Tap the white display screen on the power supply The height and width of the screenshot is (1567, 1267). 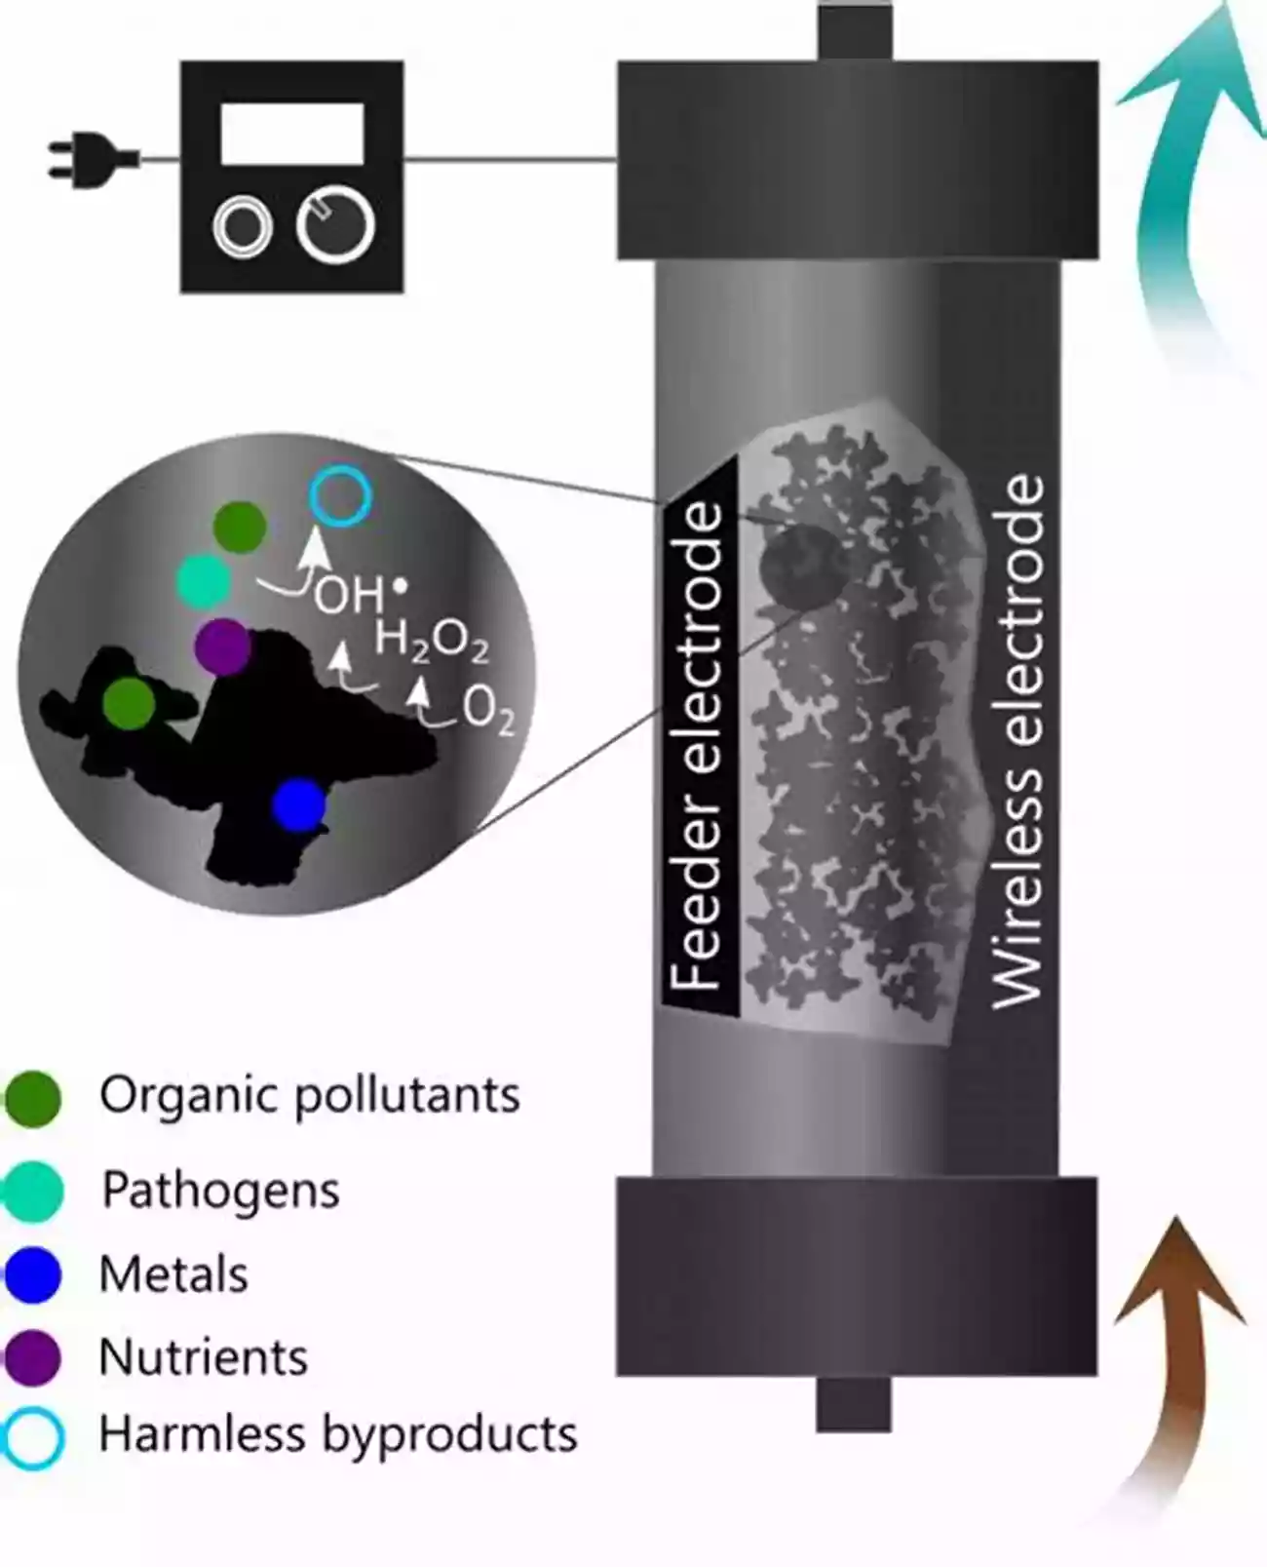click(291, 134)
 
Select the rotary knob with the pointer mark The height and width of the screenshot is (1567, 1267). click(336, 225)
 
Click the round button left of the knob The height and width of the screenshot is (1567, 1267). click(242, 227)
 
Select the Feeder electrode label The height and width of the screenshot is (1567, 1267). click(698, 746)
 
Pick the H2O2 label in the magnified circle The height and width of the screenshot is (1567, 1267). click(432, 641)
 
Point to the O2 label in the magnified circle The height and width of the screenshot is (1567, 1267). click(488, 709)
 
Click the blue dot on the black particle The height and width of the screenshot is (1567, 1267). click(298, 804)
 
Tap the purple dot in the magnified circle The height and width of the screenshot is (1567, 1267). click(223, 646)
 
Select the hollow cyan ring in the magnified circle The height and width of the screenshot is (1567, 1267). click(340, 496)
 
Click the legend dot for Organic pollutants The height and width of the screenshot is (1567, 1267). click(33, 1099)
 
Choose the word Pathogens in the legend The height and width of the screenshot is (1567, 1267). click(221, 1191)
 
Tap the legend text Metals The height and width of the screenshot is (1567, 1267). click(174, 1274)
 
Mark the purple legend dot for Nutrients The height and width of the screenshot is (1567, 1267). click(33, 1357)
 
